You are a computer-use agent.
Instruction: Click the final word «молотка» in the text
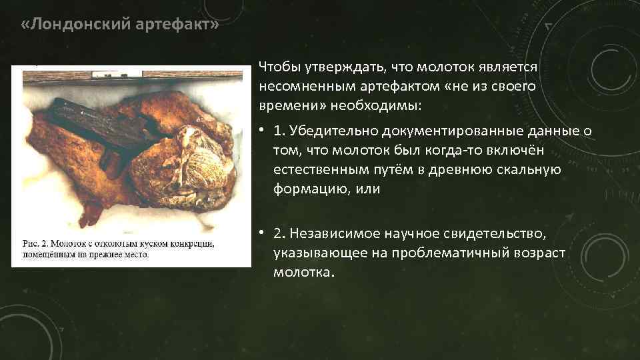point(301,273)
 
